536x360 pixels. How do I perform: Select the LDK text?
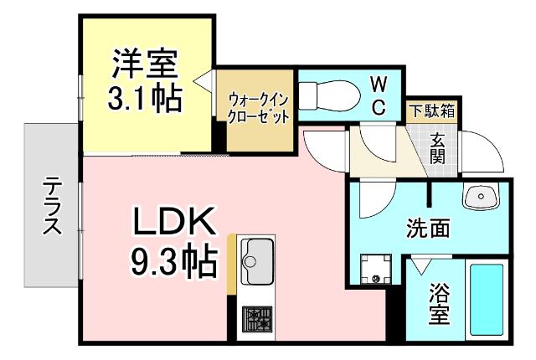click(173, 222)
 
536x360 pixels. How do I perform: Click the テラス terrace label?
click(52, 205)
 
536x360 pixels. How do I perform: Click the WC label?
click(379, 95)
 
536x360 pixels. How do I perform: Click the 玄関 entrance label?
click(439, 148)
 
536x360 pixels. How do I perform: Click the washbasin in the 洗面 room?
click(481, 198)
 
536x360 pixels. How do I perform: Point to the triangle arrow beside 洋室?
click(202, 80)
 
